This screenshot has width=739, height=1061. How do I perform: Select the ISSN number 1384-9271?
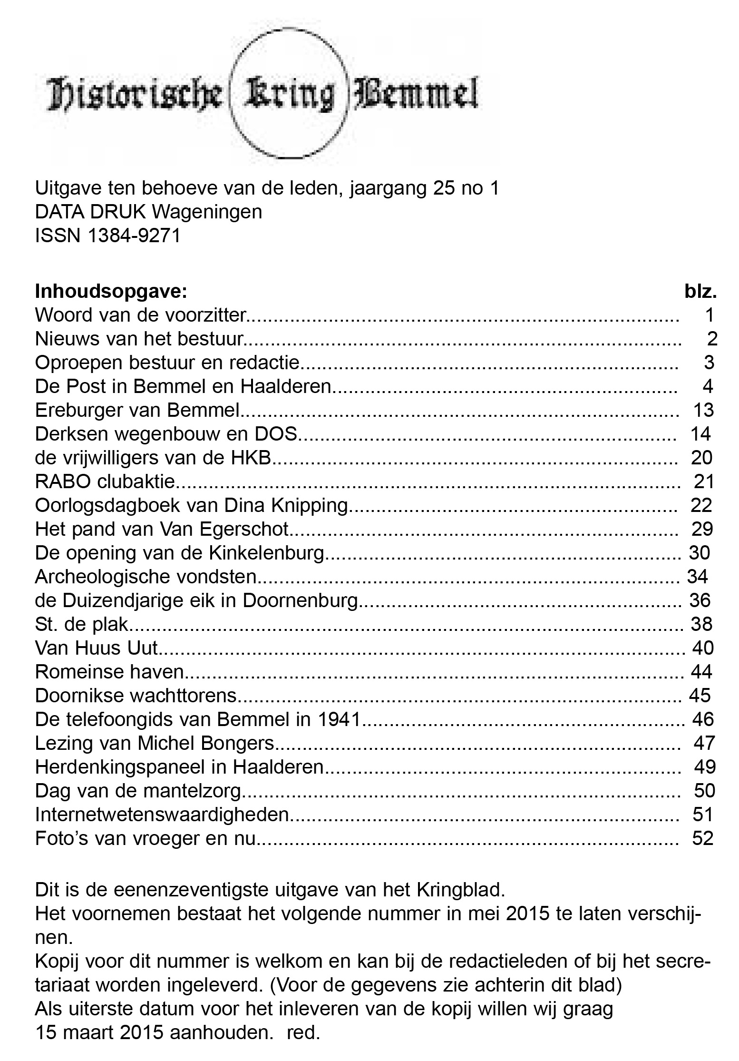click(x=135, y=236)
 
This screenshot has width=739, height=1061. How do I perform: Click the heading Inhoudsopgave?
click(x=111, y=291)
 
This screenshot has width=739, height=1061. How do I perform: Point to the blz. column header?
click(x=700, y=291)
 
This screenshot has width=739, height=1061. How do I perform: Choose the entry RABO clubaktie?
click(x=105, y=481)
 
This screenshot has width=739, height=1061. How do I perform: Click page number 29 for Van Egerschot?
click(x=702, y=529)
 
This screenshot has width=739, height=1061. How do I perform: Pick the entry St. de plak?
click(x=81, y=624)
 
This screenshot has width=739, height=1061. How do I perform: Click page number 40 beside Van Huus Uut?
click(x=703, y=648)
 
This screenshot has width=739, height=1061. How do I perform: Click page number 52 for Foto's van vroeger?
click(x=703, y=838)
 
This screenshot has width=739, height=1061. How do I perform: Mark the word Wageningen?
click(x=207, y=212)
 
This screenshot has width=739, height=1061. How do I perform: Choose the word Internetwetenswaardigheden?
click(x=162, y=815)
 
